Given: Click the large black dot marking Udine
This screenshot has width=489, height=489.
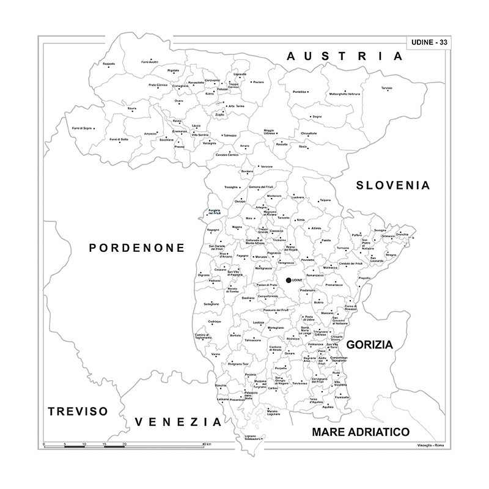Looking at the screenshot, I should coord(289,281).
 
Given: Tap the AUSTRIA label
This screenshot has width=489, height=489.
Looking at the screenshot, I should coord(345,56).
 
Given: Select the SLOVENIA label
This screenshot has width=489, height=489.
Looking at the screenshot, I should coord(394,185).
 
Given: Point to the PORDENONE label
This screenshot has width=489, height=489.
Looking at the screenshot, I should coord(137,248).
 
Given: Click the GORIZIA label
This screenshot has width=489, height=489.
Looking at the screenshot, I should coord(369,345).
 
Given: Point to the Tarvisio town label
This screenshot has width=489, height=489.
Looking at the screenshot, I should coord(386,88).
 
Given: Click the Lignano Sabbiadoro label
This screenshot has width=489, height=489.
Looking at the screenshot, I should coord(255,437).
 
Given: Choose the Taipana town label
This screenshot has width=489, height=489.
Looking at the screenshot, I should coord(325,200).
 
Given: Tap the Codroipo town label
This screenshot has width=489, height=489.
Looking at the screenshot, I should coord(214,321).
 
